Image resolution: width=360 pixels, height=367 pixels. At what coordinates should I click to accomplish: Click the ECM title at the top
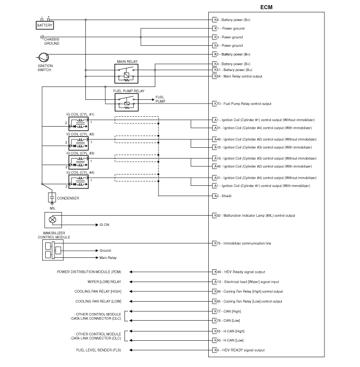click(x=266, y=7)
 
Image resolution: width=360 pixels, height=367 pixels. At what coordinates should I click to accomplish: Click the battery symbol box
click(x=45, y=25)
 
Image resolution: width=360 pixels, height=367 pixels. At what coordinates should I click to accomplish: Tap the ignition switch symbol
click(x=45, y=58)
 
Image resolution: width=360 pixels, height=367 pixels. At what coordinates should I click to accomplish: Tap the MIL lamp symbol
click(x=52, y=220)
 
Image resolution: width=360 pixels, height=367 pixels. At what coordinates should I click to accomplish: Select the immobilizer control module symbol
click(x=53, y=251)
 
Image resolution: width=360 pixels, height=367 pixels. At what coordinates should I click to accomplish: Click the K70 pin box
click(x=216, y=103)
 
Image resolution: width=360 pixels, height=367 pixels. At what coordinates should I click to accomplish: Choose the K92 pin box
click(x=216, y=216)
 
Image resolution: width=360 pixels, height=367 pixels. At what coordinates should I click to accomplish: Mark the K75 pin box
click(x=216, y=243)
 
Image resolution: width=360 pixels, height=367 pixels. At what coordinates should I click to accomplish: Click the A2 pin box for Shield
click(x=216, y=196)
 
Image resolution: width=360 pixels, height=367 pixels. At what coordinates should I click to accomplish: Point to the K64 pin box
click(x=216, y=76)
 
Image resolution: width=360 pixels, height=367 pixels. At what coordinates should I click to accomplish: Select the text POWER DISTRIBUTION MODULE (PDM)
click(x=89, y=271)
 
